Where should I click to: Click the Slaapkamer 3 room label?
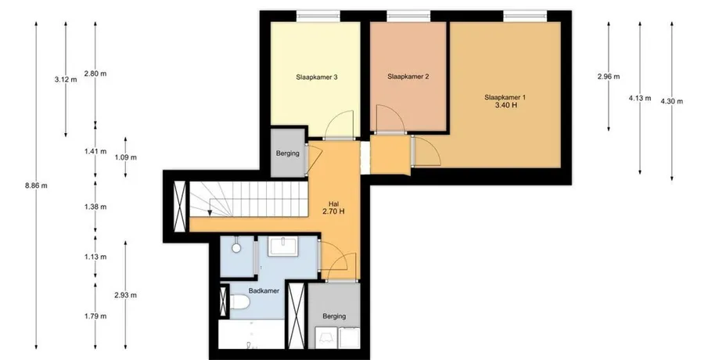[317, 77]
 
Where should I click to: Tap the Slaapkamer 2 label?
[408, 77]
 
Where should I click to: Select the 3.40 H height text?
[505, 105]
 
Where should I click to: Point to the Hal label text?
[334, 204]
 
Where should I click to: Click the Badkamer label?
[264, 291]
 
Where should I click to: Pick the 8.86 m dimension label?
[36, 185]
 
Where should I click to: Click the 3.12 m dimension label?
[66, 80]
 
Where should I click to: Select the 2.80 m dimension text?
[95, 74]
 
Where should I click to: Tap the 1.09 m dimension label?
[125, 157]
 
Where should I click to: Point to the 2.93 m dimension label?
[125, 295]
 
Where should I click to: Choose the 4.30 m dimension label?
[671, 102]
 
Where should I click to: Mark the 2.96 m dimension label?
[609, 77]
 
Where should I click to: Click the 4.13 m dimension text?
[640, 98]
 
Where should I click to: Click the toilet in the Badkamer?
[239, 302]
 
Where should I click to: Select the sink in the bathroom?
[282, 247]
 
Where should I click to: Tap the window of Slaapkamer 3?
[318, 16]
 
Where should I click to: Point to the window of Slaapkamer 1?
[525, 16]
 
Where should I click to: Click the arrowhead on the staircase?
[210, 212]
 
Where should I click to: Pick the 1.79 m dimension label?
[95, 316]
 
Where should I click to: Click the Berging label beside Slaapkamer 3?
[288, 153]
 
